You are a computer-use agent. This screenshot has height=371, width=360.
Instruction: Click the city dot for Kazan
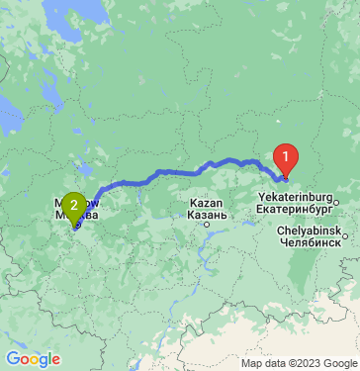[207, 225]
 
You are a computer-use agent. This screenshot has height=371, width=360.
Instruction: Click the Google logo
[33, 359]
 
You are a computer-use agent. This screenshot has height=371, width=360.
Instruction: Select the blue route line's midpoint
[178, 172]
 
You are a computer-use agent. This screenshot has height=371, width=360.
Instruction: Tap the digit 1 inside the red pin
[285, 155]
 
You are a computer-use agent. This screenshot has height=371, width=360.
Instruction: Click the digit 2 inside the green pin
[73, 205]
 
